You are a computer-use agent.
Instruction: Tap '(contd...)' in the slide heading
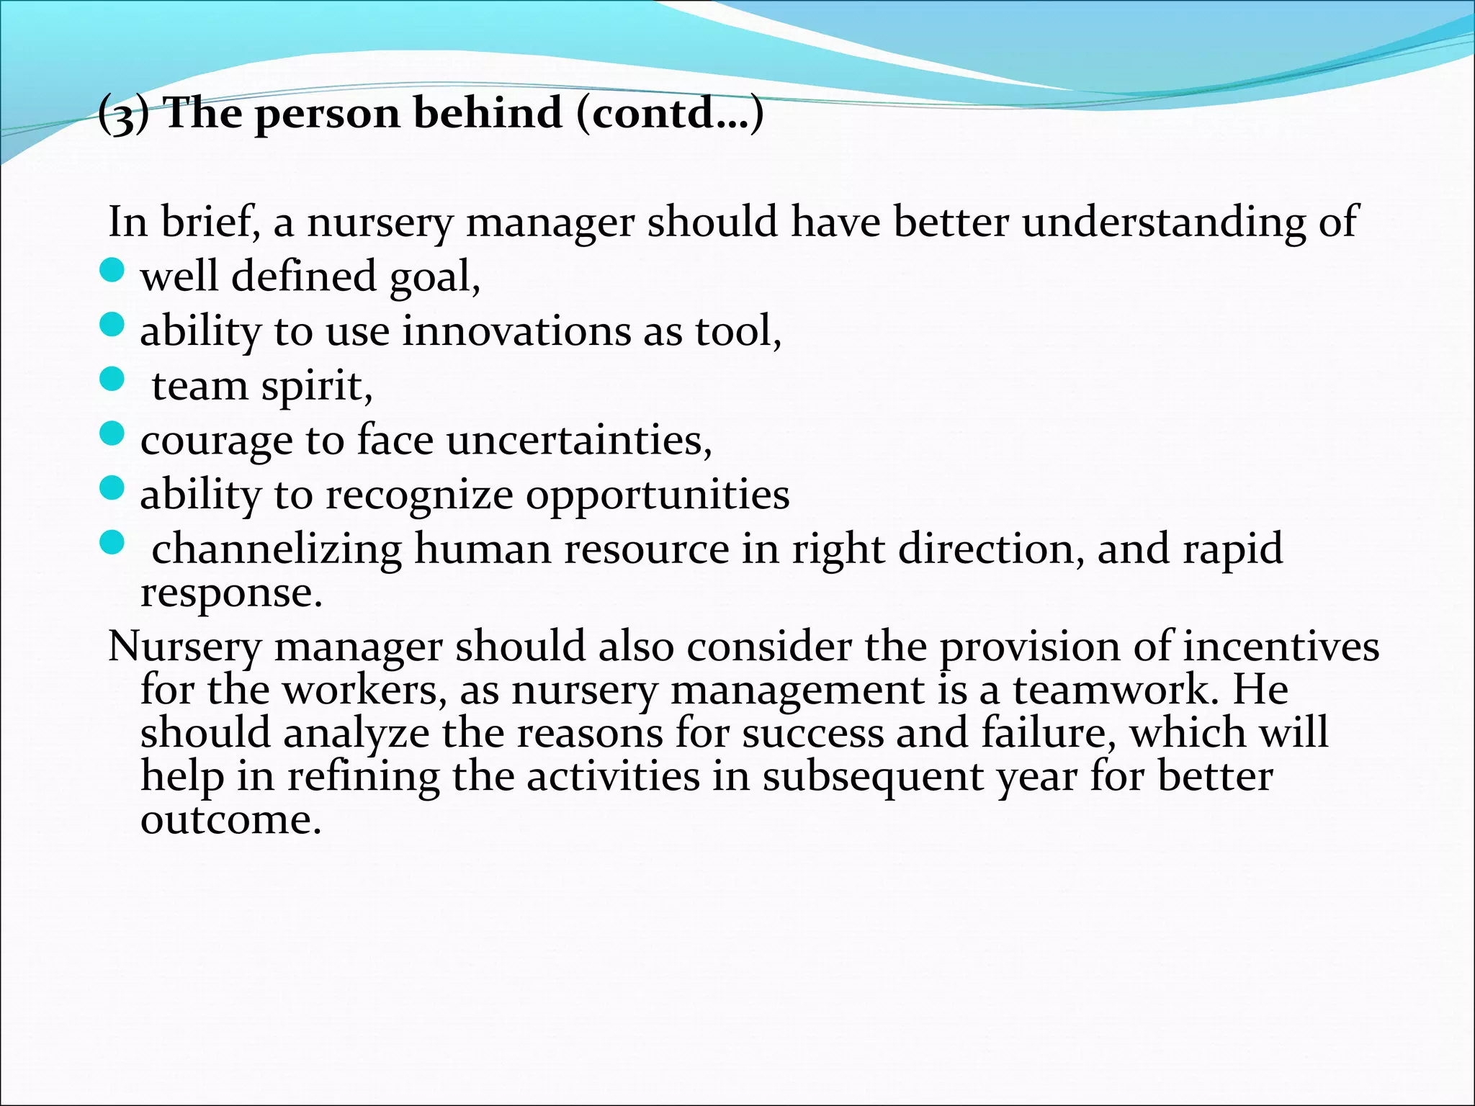tap(670, 113)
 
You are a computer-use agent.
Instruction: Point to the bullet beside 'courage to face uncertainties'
tap(112, 434)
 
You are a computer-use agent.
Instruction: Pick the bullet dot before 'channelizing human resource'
tap(112, 543)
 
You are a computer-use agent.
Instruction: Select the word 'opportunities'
tap(657, 496)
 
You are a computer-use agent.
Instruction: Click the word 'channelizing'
tap(277, 549)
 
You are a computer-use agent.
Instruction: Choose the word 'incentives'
tap(1281, 646)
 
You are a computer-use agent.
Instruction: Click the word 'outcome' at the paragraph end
tap(230, 820)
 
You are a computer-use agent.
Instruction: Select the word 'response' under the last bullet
tap(230, 595)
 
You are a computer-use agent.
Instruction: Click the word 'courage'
tap(217, 441)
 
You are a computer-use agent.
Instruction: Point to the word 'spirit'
tap(316, 387)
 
